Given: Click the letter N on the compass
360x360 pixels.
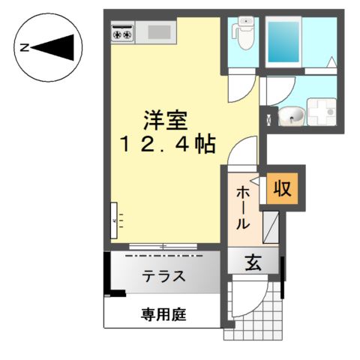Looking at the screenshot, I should point(25,47).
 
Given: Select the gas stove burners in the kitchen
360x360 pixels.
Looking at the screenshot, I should point(122,32).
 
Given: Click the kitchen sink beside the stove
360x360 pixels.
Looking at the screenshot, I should point(158,32).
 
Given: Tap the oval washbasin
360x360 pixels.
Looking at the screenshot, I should point(292,115).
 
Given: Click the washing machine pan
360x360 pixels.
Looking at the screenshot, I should point(324,113).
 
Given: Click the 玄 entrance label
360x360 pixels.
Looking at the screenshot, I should point(253,263).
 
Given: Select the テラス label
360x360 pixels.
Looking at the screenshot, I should point(163,275).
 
